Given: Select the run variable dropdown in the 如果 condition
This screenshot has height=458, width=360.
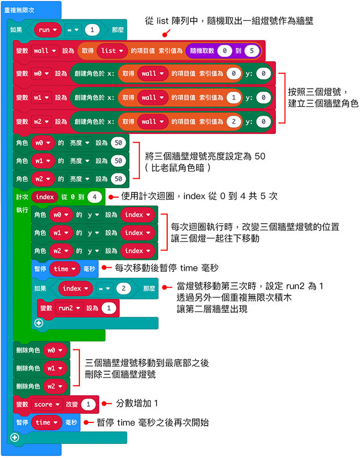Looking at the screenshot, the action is pyautogui.click(x=48, y=30).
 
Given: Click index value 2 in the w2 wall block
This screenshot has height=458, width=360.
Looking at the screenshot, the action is pyautogui.click(x=234, y=121).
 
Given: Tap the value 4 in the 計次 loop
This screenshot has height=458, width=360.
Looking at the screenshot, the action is pyautogui.click(x=95, y=197).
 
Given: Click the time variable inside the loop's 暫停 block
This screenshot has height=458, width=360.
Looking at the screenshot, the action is pyautogui.click(x=64, y=269).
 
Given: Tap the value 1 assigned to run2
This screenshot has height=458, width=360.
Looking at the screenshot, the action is pyautogui.click(x=109, y=308).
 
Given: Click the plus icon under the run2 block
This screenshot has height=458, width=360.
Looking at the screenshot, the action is pyautogui.click(x=39, y=323).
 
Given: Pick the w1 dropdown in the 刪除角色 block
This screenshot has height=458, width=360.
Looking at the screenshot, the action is pyautogui.click(x=54, y=368).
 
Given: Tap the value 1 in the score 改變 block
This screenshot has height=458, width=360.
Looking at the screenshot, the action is pyautogui.click(x=89, y=404).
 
